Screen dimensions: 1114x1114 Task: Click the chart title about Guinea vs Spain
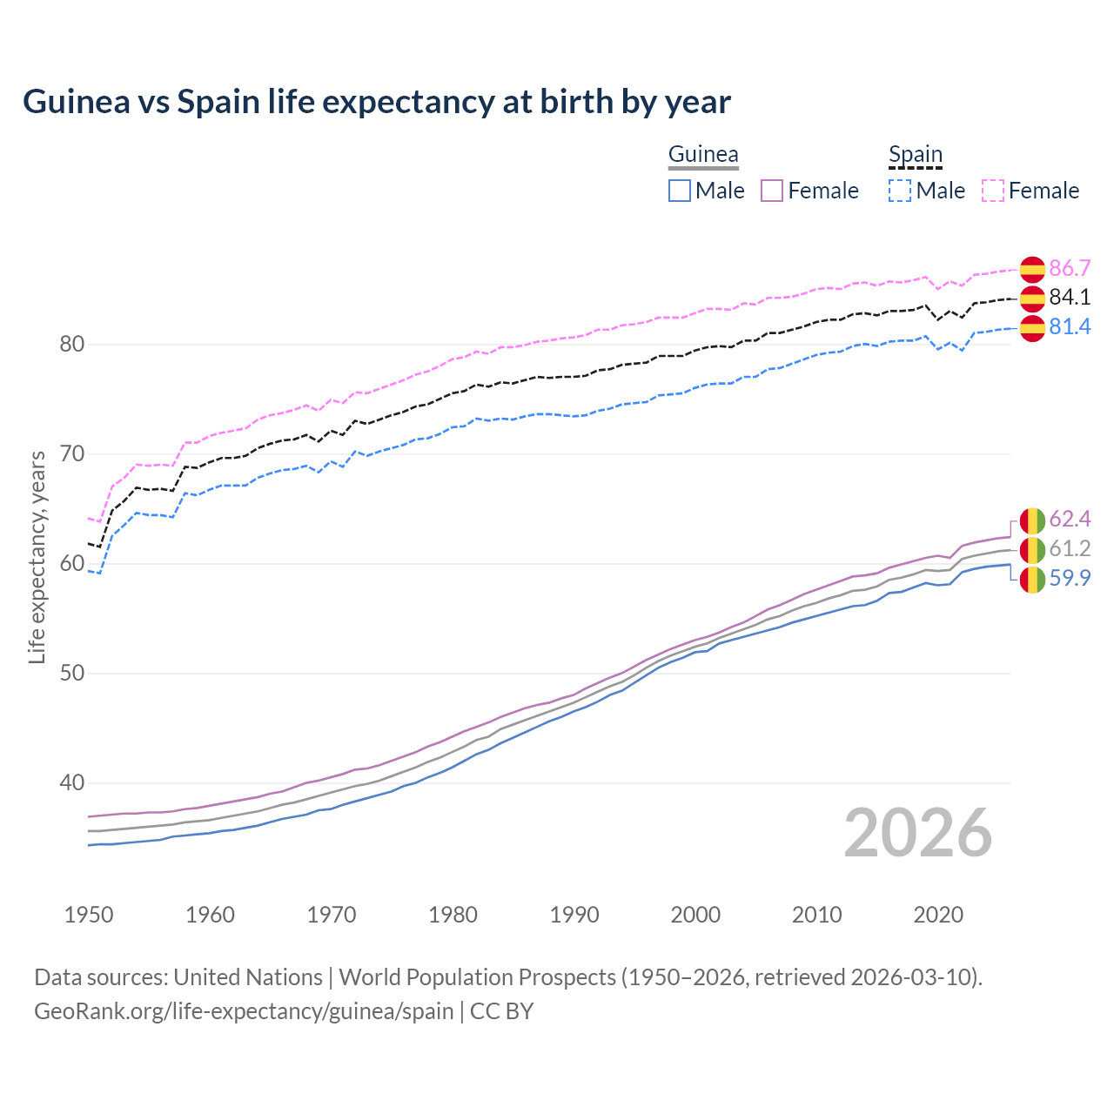point(376,102)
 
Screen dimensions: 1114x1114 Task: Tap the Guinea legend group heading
point(703,155)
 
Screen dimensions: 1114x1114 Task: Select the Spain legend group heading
point(915,155)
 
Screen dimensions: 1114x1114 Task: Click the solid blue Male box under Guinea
point(680,191)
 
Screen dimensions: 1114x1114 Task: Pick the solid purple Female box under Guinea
point(772,191)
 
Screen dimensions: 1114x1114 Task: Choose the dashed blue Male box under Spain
point(900,191)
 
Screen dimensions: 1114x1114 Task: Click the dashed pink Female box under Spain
point(993,191)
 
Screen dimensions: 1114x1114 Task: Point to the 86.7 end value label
point(1070,268)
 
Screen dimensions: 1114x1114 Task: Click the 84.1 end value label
point(1070,298)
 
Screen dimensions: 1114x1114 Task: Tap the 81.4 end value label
point(1070,327)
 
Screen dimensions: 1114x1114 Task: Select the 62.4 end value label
point(1070,520)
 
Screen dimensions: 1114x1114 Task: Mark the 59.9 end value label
point(1070,579)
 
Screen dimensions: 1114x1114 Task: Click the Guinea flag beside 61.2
point(1031,549)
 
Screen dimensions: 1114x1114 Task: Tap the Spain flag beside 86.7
point(1031,269)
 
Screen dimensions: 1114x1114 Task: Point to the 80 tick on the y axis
point(71,345)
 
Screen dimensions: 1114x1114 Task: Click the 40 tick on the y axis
point(71,783)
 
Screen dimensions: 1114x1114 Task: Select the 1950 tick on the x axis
point(89,915)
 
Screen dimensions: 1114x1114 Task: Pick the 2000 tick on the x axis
point(695,915)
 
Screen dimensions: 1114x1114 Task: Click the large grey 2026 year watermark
point(917,834)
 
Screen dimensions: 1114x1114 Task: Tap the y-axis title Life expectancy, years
point(37,557)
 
